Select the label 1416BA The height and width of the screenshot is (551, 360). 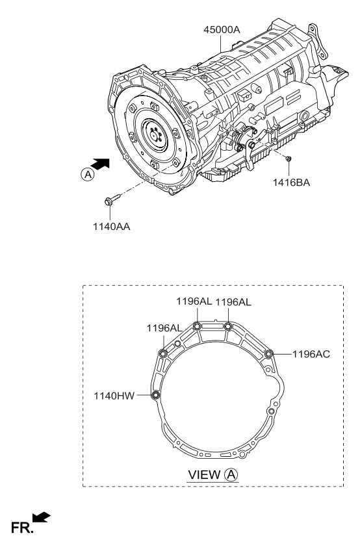point(291,183)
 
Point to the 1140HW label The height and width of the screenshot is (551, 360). point(112,394)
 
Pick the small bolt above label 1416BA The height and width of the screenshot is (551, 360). point(289,159)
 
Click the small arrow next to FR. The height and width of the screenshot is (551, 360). point(40,517)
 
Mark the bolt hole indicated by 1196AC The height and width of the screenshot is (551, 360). point(268,353)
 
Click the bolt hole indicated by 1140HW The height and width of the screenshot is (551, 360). point(155,395)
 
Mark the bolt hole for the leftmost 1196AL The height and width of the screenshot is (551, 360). point(162,353)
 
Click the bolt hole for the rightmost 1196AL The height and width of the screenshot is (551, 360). point(228,326)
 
